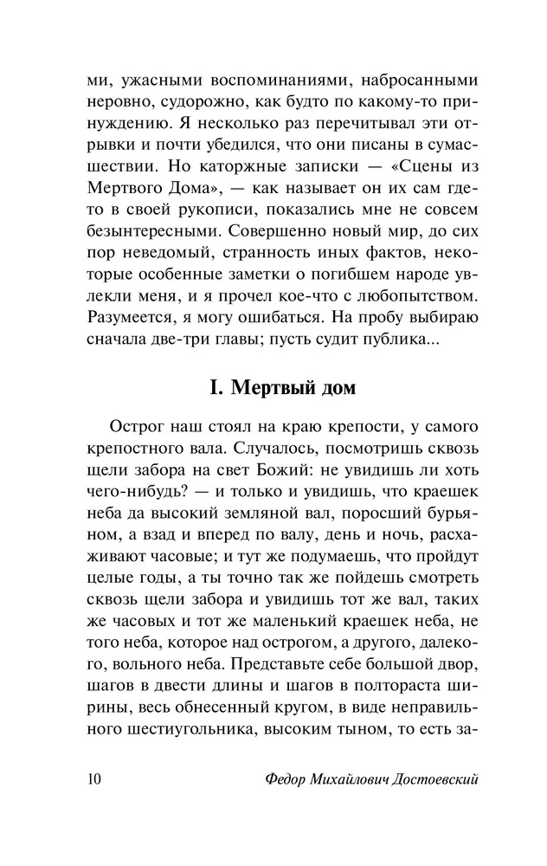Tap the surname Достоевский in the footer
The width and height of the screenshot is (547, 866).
(426, 778)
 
